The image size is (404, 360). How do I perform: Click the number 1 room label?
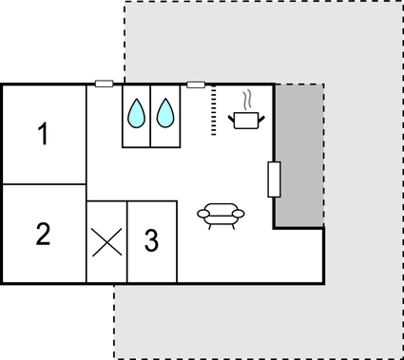(x=43, y=135)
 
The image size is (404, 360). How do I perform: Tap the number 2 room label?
(x=43, y=234)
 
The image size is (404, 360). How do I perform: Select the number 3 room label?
(x=151, y=241)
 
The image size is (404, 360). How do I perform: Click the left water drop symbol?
(x=136, y=114)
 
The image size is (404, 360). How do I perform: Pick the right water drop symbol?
(x=165, y=114)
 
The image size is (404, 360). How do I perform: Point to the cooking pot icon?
(x=247, y=120)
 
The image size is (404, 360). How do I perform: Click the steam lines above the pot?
(x=247, y=99)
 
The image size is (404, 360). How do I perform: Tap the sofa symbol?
(x=221, y=215)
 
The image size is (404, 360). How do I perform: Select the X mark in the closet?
(x=106, y=242)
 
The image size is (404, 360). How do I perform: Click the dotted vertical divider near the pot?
(x=215, y=110)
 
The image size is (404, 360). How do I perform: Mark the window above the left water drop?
(x=105, y=85)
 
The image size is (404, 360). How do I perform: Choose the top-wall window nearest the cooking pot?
(x=196, y=85)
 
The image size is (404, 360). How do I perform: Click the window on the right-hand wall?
(x=274, y=179)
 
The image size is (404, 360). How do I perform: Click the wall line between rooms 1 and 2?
(x=43, y=184)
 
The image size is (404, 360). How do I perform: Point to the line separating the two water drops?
(x=150, y=119)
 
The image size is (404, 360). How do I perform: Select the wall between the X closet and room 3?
(x=127, y=242)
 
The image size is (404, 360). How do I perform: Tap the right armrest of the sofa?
(x=240, y=214)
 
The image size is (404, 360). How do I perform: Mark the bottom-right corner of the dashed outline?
(x=398, y=357)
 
